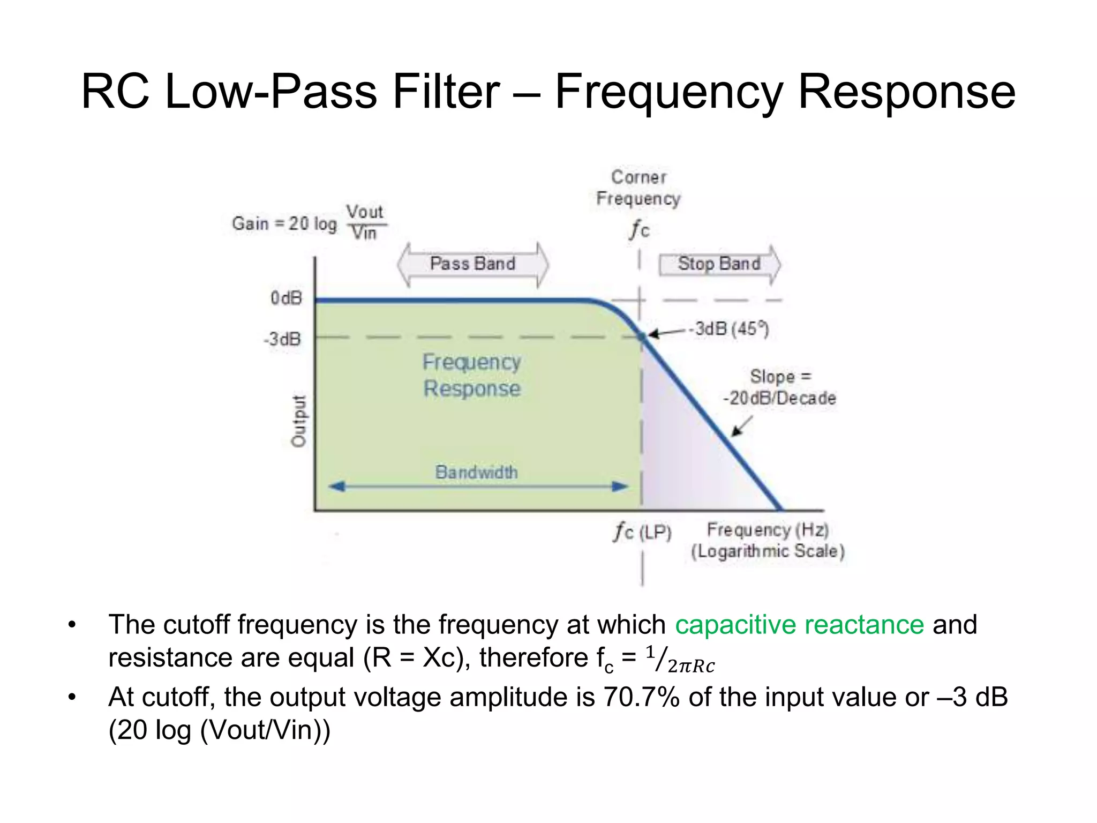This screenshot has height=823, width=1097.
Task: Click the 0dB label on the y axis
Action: coord(286,298)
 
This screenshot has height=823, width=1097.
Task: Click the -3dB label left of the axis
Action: coord(282,339)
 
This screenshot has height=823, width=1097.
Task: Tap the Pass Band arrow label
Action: coord(472,264)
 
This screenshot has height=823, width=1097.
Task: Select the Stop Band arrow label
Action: coord(719,264)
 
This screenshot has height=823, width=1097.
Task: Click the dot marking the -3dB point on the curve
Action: coord(642,336)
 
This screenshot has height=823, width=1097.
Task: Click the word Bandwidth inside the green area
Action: coord(476,472)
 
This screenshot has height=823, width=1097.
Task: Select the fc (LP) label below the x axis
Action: coord(642,532)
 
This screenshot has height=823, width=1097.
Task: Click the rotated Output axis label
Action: coord(298,421)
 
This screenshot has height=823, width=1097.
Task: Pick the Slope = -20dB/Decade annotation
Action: coord(779,387)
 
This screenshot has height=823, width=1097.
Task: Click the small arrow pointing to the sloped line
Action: coord(742,427)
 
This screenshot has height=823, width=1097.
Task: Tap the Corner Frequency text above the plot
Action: coord(638,188)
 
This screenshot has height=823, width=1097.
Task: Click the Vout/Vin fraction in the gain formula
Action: coord(364,222)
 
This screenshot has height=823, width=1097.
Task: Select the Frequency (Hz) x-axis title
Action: coord(768,530)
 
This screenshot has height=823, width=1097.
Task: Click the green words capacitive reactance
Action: coord(799,625)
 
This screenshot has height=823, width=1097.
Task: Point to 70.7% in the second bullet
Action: coord(641,697)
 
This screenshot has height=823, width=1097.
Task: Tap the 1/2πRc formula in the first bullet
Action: coord(680,660)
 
